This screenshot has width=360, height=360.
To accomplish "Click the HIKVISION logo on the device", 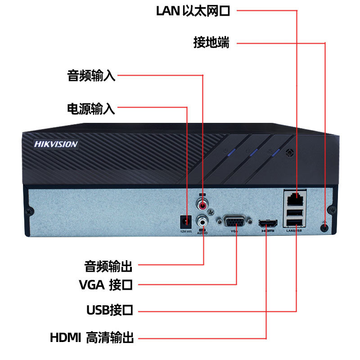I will pyautogui.click(x=56, y=144).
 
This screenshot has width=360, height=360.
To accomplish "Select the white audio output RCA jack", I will pyautogui.click(x=203, y=221).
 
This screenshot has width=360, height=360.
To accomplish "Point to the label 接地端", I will pyautogui.click(x=211, y=43).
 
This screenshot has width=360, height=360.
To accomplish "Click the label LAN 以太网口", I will pyautogui.click(x=193, y=11).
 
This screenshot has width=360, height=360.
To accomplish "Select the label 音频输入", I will pyautogui.click(x=91, y=76).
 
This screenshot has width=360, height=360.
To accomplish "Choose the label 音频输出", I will pyautogui.click(x=108, y=265).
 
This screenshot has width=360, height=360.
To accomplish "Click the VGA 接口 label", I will pyautogui.click(x=105, y=284).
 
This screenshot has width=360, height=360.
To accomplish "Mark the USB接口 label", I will pyautogui.click(x=110, y=310).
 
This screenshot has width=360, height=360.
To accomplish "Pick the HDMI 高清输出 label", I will pyautogui.click(x=92, y=337).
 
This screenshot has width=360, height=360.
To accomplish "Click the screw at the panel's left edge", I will pyautogui.click(x=30, y=210).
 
